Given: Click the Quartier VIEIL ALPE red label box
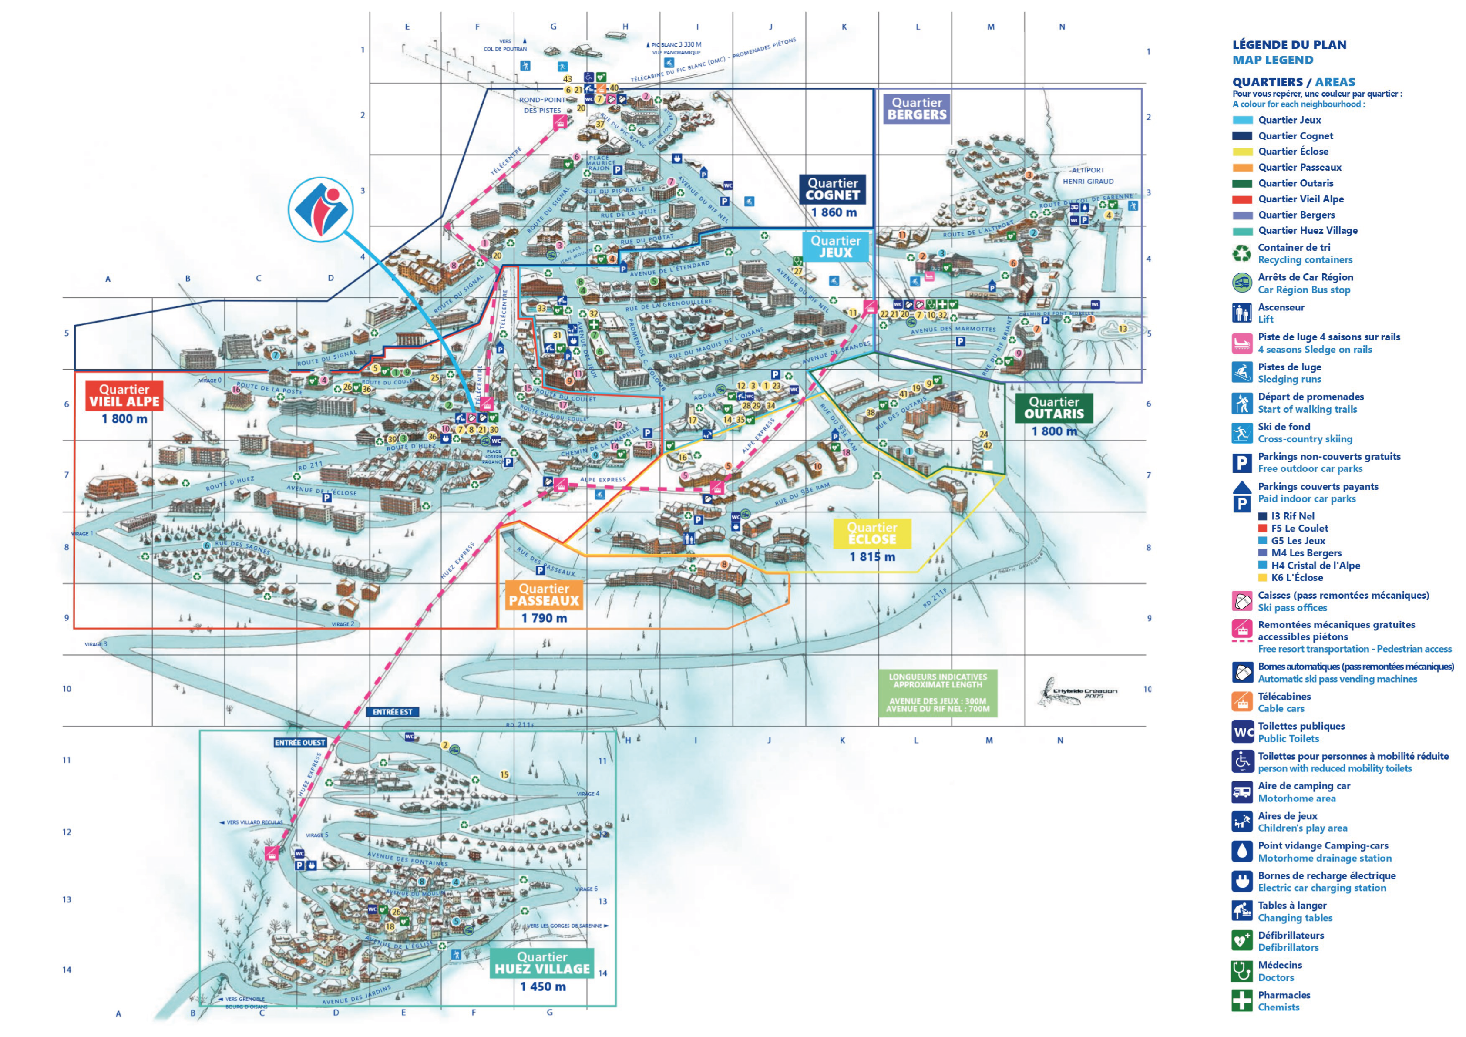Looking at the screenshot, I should (x=124, y=396).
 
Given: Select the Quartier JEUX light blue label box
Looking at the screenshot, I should (x=836, y=246).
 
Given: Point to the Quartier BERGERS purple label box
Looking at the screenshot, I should (x=916, y=108).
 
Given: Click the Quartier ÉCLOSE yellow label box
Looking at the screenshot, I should (x=872, y=533).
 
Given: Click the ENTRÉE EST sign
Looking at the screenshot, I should (x=392, y=712).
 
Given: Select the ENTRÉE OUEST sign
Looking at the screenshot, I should (x=300, y=743).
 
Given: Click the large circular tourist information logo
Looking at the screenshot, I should (x=320, y=209).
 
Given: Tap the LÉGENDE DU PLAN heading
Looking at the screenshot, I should (x=1289, y=45).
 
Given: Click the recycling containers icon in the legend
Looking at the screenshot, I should (x=1241, y=253).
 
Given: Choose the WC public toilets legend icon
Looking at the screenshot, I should (x=1242, y=732).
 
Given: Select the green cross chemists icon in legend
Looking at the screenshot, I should (x=1242, y=1000).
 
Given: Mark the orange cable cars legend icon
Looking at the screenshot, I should (x=1242, y=702).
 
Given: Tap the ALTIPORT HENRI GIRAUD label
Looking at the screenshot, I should (x=1088, y=175).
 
